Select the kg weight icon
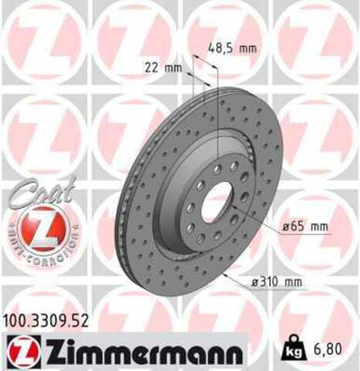(x=296, y=346)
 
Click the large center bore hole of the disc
(x=216, y=206)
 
